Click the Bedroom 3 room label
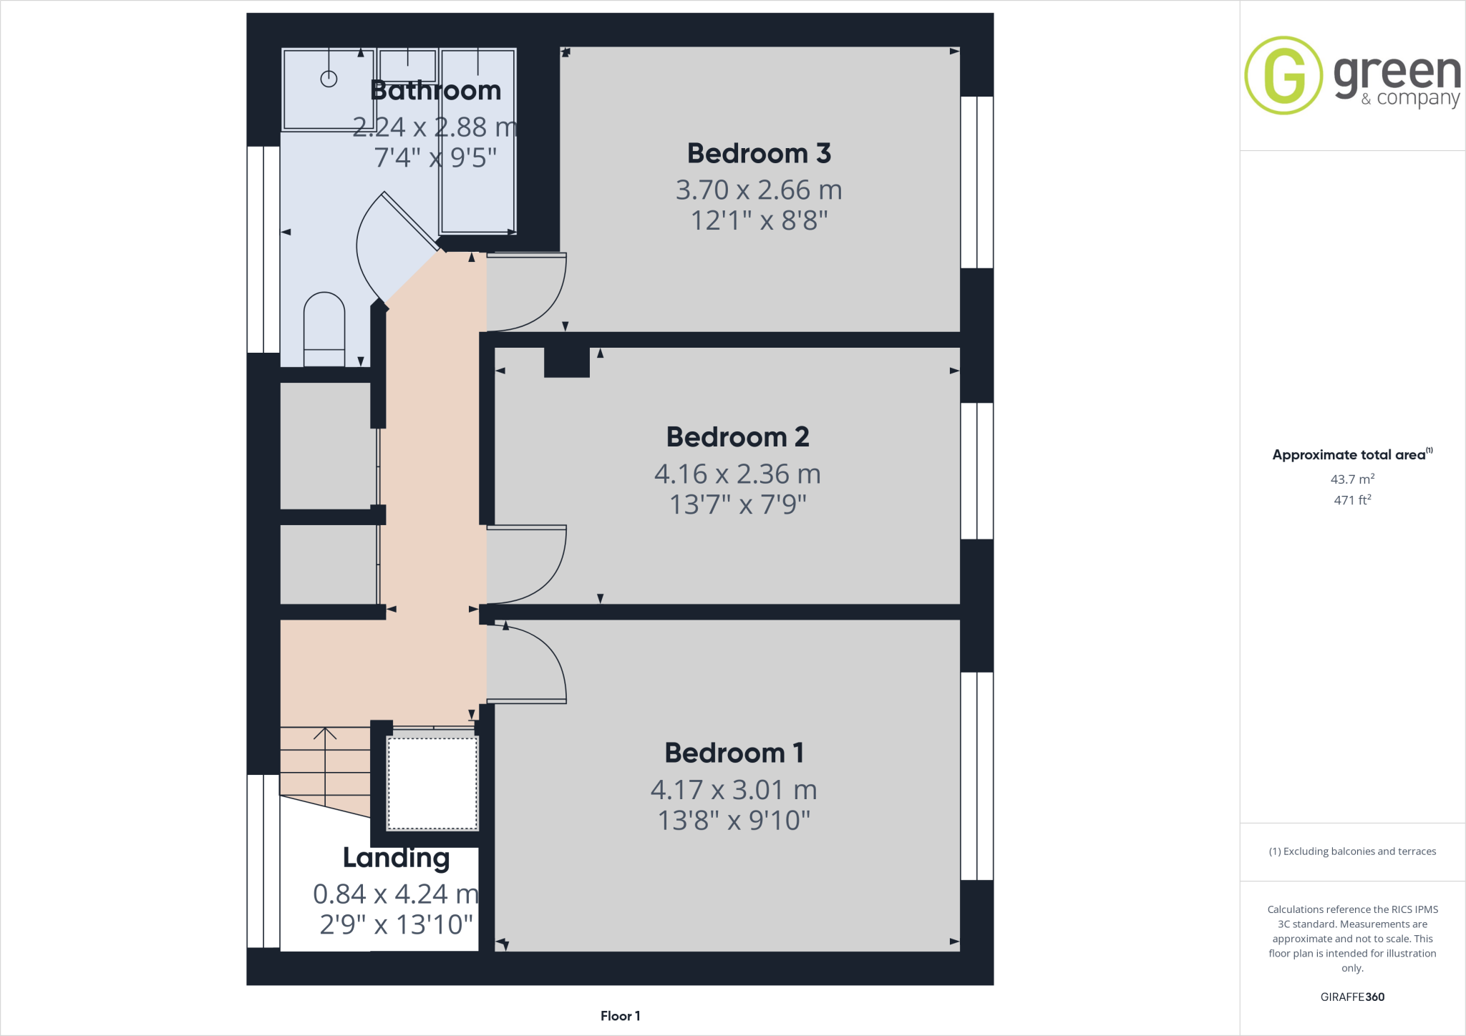tap(759, 154)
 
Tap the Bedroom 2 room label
tap(737, 437)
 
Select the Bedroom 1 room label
tap(734, 753)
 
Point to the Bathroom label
tap(435, 91)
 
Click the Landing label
tap(396, 858)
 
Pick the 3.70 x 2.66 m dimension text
tap(759, 190)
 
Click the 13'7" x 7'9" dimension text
tap(737, 505)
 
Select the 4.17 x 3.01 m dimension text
tap(734, 791)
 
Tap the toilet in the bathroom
tap(324, 329)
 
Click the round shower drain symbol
tap(329, 79)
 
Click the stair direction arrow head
tap(325, 732)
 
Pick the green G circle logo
tap(1283, 75)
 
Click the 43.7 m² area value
tap(1352, 479)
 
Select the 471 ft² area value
tap(1352, 500)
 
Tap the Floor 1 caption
tap(620, 1016)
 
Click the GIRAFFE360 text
tap(1352, 997)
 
